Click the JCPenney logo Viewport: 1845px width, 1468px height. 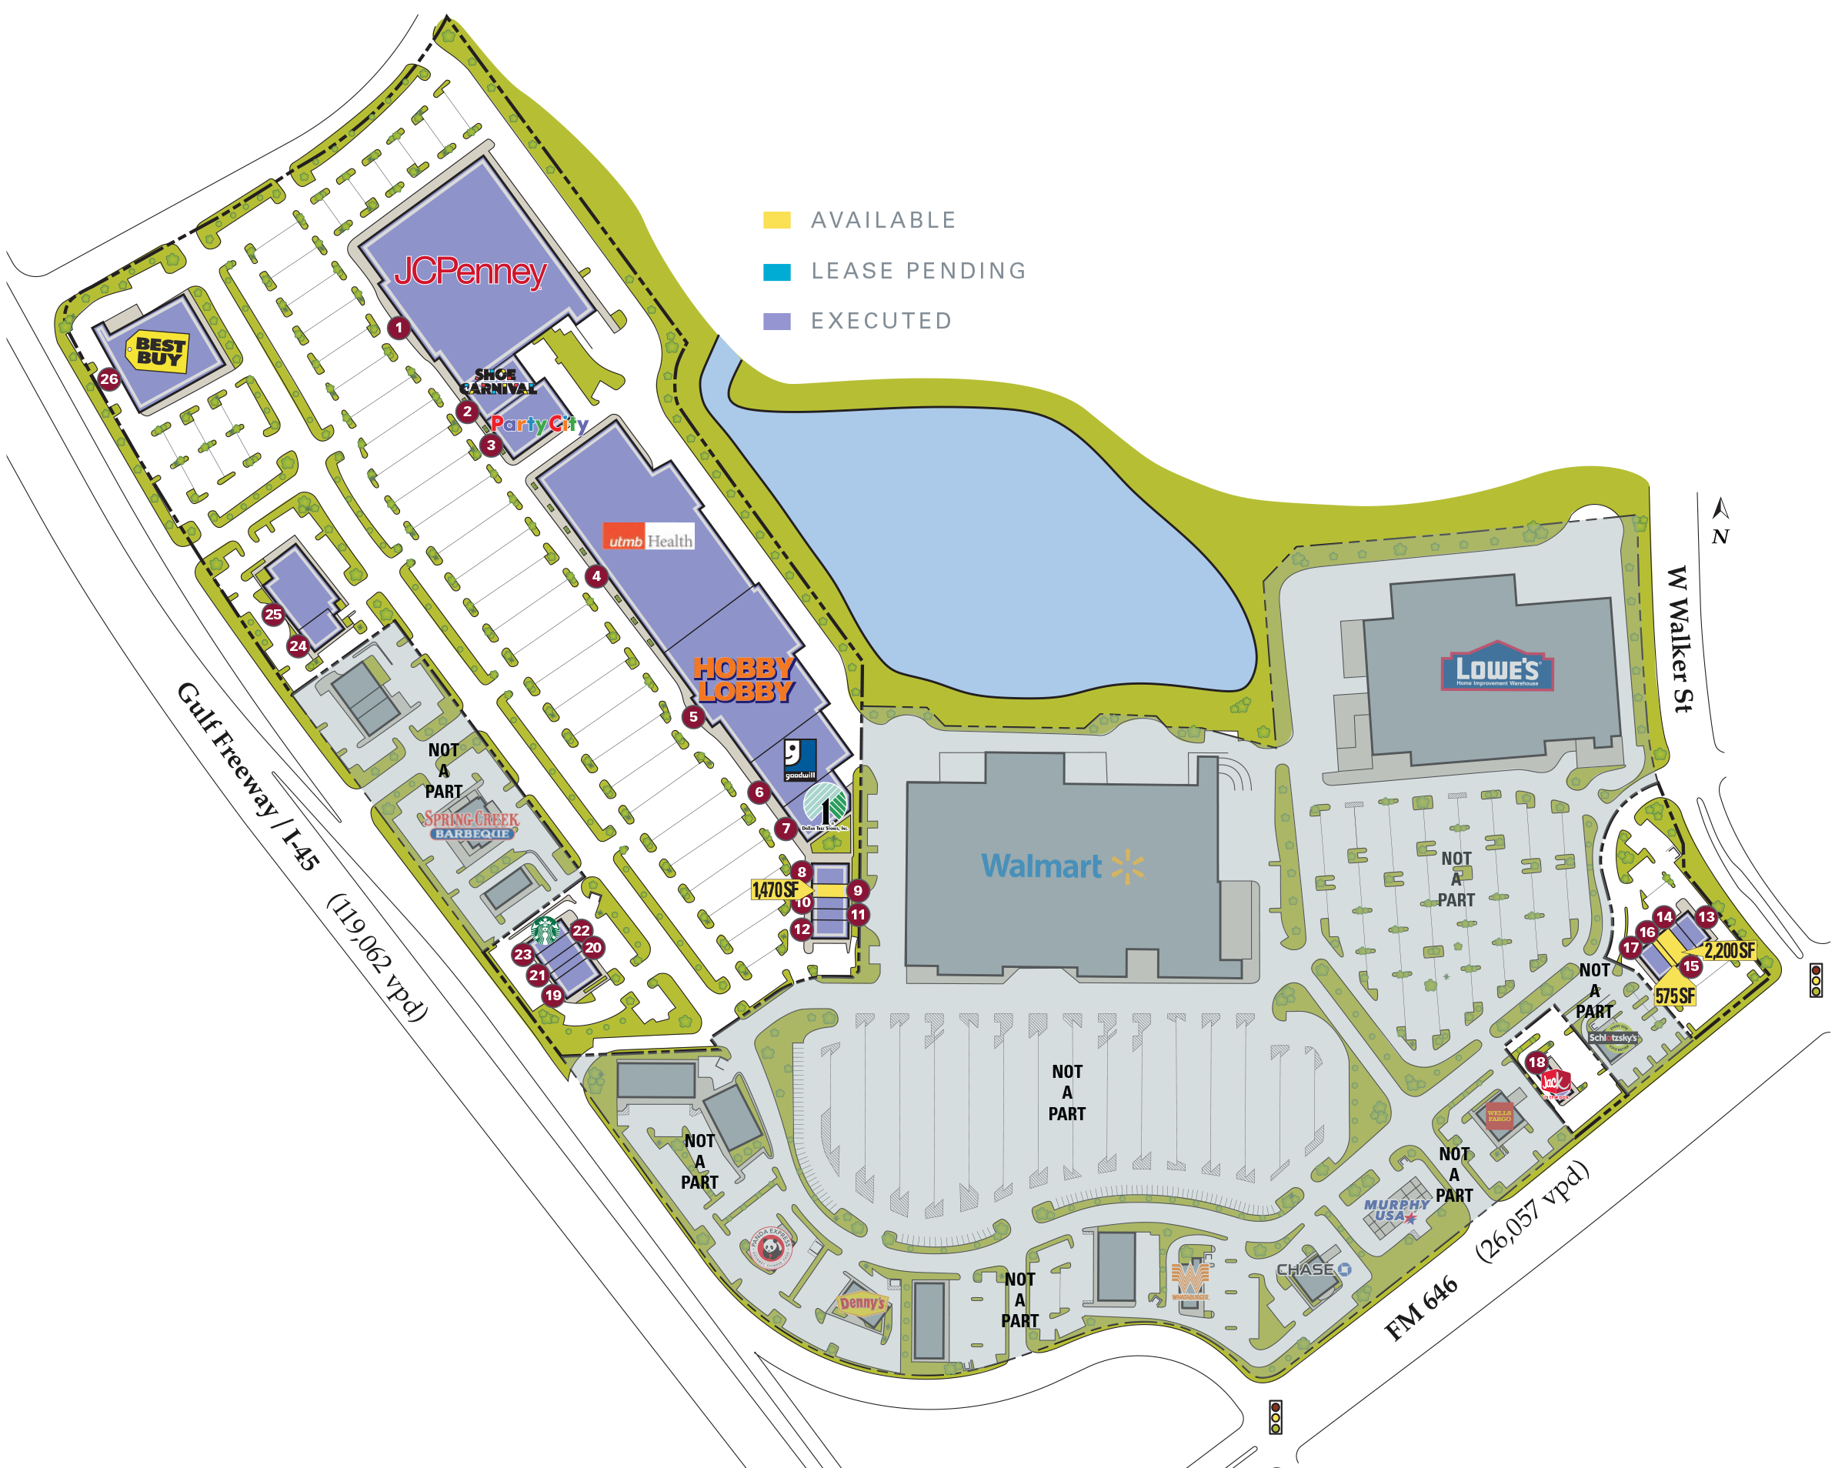point(470,272)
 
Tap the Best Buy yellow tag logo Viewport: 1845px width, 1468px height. point(158,351)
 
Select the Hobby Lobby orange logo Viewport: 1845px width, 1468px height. point(744,679)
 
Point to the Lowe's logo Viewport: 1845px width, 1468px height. point(1496,667)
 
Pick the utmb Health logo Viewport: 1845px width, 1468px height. point(648,537)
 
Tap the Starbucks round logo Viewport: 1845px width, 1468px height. point(545,929)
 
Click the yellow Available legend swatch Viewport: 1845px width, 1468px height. point(776,220)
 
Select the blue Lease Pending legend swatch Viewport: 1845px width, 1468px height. point(776,272)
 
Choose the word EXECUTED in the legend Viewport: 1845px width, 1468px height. point(880,321)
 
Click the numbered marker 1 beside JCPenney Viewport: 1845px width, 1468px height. point(398,327)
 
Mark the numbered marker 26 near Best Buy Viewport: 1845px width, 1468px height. point(108,379)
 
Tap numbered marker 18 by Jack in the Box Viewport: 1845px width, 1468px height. point(1537,1063)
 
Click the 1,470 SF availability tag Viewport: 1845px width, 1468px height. point(776,889)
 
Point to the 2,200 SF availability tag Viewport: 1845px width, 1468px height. point(1729,950)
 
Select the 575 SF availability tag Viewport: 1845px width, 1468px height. point(1675,996)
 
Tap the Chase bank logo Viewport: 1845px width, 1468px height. point(1313,1269)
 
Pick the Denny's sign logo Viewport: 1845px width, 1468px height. point(862,1303)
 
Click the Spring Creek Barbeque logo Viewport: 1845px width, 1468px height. point(472,825)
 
